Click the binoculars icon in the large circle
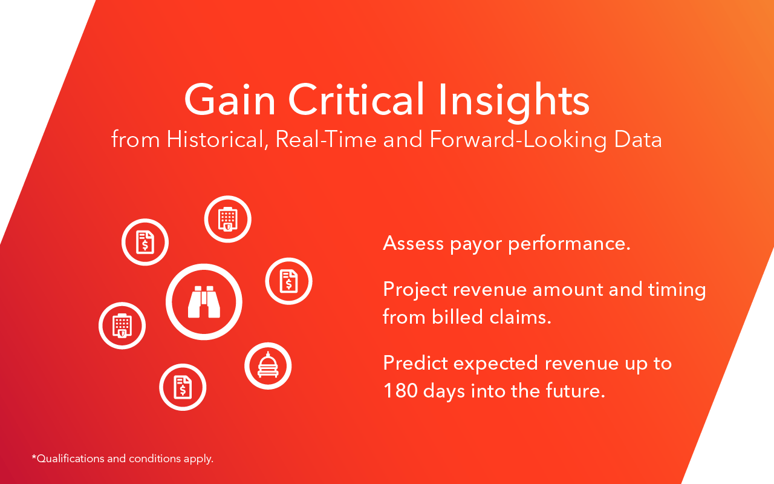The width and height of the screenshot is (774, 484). pos(204,301)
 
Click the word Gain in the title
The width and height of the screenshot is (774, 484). pos(230,100)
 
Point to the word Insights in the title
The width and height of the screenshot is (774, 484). pos(514,102)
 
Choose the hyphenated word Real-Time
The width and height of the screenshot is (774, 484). pos(326,139)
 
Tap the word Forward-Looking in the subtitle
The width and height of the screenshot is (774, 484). pos(518,140)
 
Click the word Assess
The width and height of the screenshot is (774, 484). pos(413,243)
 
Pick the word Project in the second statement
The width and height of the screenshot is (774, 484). pos(415,290)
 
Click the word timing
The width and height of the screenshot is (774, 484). pos(677,290)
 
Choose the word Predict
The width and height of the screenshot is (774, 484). pos(415,363)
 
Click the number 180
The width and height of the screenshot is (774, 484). pos(400,391)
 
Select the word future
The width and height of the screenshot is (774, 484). pos(576,390)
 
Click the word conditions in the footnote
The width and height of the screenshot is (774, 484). pos(155,459)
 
